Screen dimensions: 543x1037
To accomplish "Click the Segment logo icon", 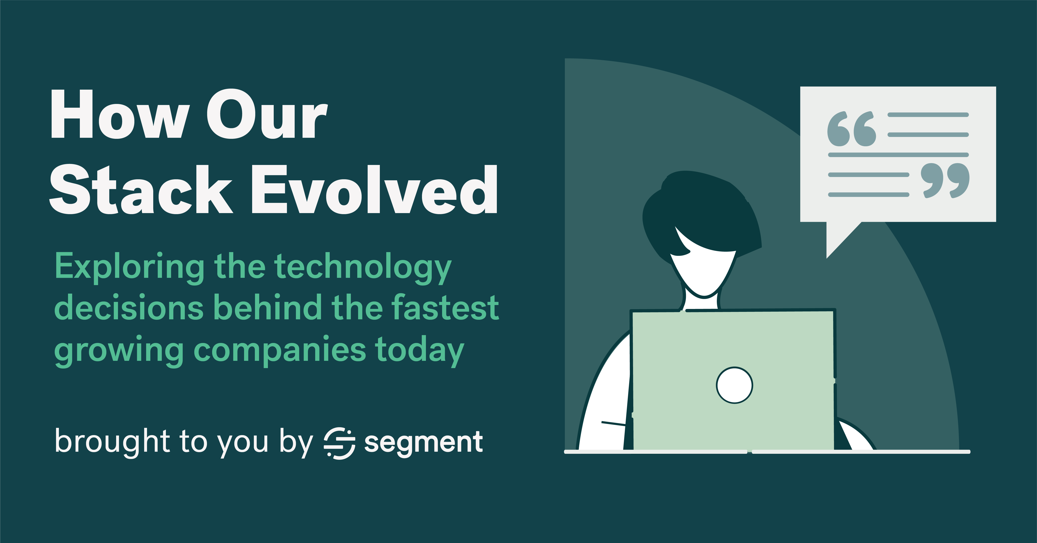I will coord(339,443).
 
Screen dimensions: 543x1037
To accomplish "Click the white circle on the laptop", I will coord(734,385).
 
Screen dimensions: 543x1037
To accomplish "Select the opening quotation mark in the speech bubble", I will coord(851,130).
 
